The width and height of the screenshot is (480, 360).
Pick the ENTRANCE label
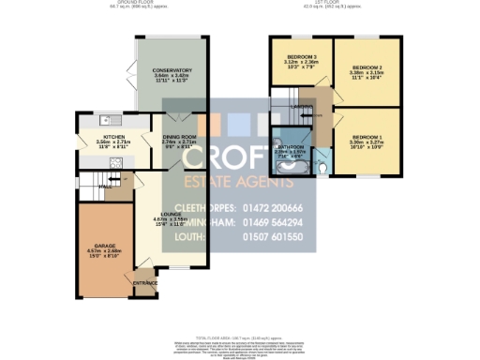(145, 281)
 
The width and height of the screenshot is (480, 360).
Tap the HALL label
(104, 184)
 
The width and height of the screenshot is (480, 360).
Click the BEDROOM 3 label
(301, 58)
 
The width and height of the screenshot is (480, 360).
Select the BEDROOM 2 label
(367, 67)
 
